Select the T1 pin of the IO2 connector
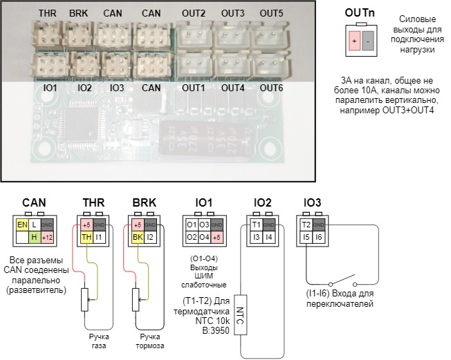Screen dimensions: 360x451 pyautogui.click(x=257, y=225)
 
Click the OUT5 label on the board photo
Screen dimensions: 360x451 pyautogui.click(x=271, y=14)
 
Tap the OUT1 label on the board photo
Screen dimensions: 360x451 pyautogui.click(x=194, y=88)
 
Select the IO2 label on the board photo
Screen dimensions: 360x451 pyautogui.click(x=85, y=88)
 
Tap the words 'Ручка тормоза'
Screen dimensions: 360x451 pyautogui.click(x=141, y=340)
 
